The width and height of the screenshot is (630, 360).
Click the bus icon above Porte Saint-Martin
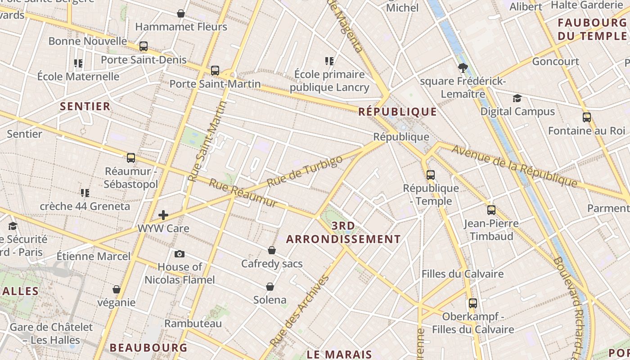click(x=215, y=71)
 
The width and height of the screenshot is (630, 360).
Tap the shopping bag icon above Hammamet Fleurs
click(x=181, y=13)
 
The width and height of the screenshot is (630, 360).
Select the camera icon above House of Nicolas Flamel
click(x=179, y=254)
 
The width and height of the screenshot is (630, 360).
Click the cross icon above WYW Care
click(x=163, y=215)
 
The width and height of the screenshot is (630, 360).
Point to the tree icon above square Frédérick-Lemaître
click(x=463, y=68)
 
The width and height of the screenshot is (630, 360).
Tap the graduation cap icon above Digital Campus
click(x=517, y=98)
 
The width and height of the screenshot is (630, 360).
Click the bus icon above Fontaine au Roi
click(x=587, y=117)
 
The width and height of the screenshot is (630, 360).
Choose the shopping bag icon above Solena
click(x=270, y=287)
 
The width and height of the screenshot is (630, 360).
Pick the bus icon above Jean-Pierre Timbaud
click(x=491, y=210)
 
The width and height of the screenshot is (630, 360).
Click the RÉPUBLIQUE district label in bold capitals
click(x=398, y=112)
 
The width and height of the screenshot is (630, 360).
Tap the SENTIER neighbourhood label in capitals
click(x=85, y=106)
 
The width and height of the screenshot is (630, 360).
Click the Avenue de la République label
click(x=514, y=166)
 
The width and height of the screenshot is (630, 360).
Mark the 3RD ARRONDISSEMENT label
click(x=343, y=232)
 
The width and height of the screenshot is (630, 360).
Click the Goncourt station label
click(x=556, y=61)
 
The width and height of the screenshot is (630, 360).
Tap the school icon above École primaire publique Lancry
click(x=329, y=61)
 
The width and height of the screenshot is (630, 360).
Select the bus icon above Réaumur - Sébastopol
click(x=131, y=158)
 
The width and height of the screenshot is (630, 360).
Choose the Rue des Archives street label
click(x=305, y=310)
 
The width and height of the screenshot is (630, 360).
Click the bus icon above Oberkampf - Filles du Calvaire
click(x=473, y=303)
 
